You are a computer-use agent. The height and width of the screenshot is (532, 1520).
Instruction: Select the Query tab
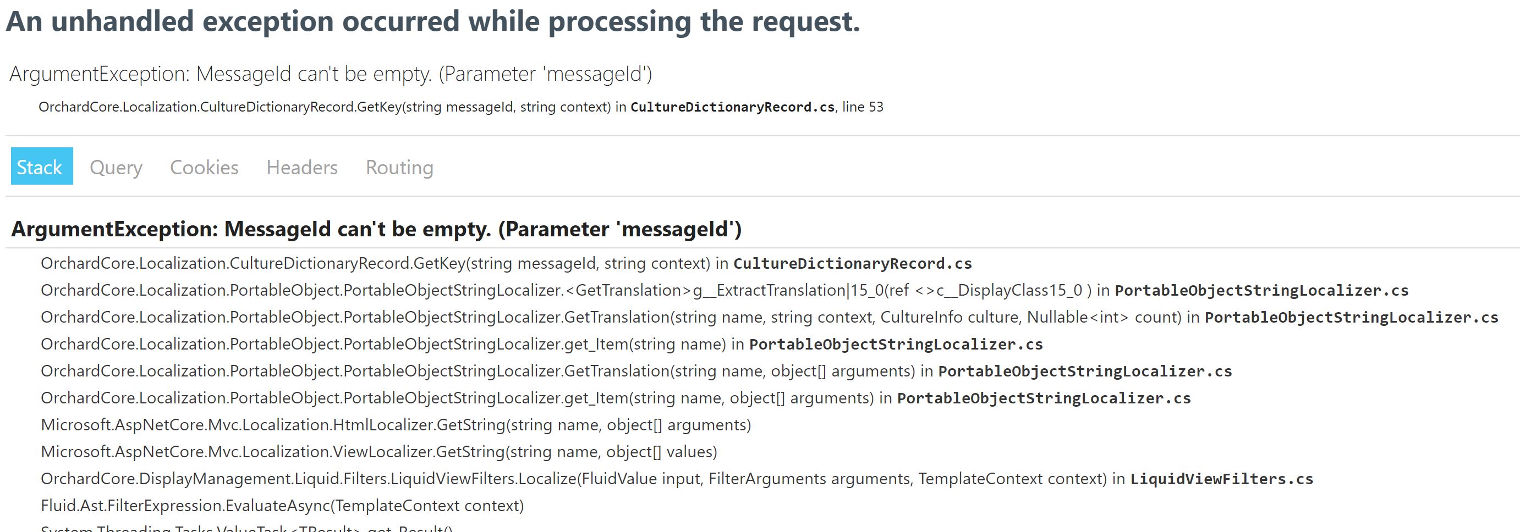[x=116, y=168]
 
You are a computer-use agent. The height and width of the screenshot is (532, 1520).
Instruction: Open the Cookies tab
[x=204, y=168]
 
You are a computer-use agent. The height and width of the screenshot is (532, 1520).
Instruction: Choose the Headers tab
[x=301, y=168]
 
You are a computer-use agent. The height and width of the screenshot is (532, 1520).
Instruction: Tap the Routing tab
[x=399, y=168]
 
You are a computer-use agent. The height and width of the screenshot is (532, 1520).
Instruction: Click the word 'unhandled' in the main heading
[x=122, y=22]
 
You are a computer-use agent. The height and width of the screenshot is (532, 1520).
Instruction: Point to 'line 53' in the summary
[x=863, y=107]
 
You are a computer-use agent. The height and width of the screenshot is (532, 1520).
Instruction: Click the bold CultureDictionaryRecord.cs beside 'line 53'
[x=732, y=107]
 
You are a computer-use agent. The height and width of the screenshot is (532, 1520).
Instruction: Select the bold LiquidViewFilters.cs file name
[x=1221, y=479]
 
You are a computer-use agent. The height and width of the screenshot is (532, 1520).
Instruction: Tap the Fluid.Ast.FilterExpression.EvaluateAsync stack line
[x=282, y=506]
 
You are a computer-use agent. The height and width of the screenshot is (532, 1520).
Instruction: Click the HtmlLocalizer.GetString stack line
[x=396, y=425]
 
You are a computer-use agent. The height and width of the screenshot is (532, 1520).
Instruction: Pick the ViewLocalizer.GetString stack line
[x=379, y=452]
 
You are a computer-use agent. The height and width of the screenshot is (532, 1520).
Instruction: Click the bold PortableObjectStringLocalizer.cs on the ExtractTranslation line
[x=1261, y=290]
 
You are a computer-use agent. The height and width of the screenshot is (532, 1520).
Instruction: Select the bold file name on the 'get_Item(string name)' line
[x=896, y=345]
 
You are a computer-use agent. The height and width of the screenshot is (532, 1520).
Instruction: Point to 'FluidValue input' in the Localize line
[x=642, y=479]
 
